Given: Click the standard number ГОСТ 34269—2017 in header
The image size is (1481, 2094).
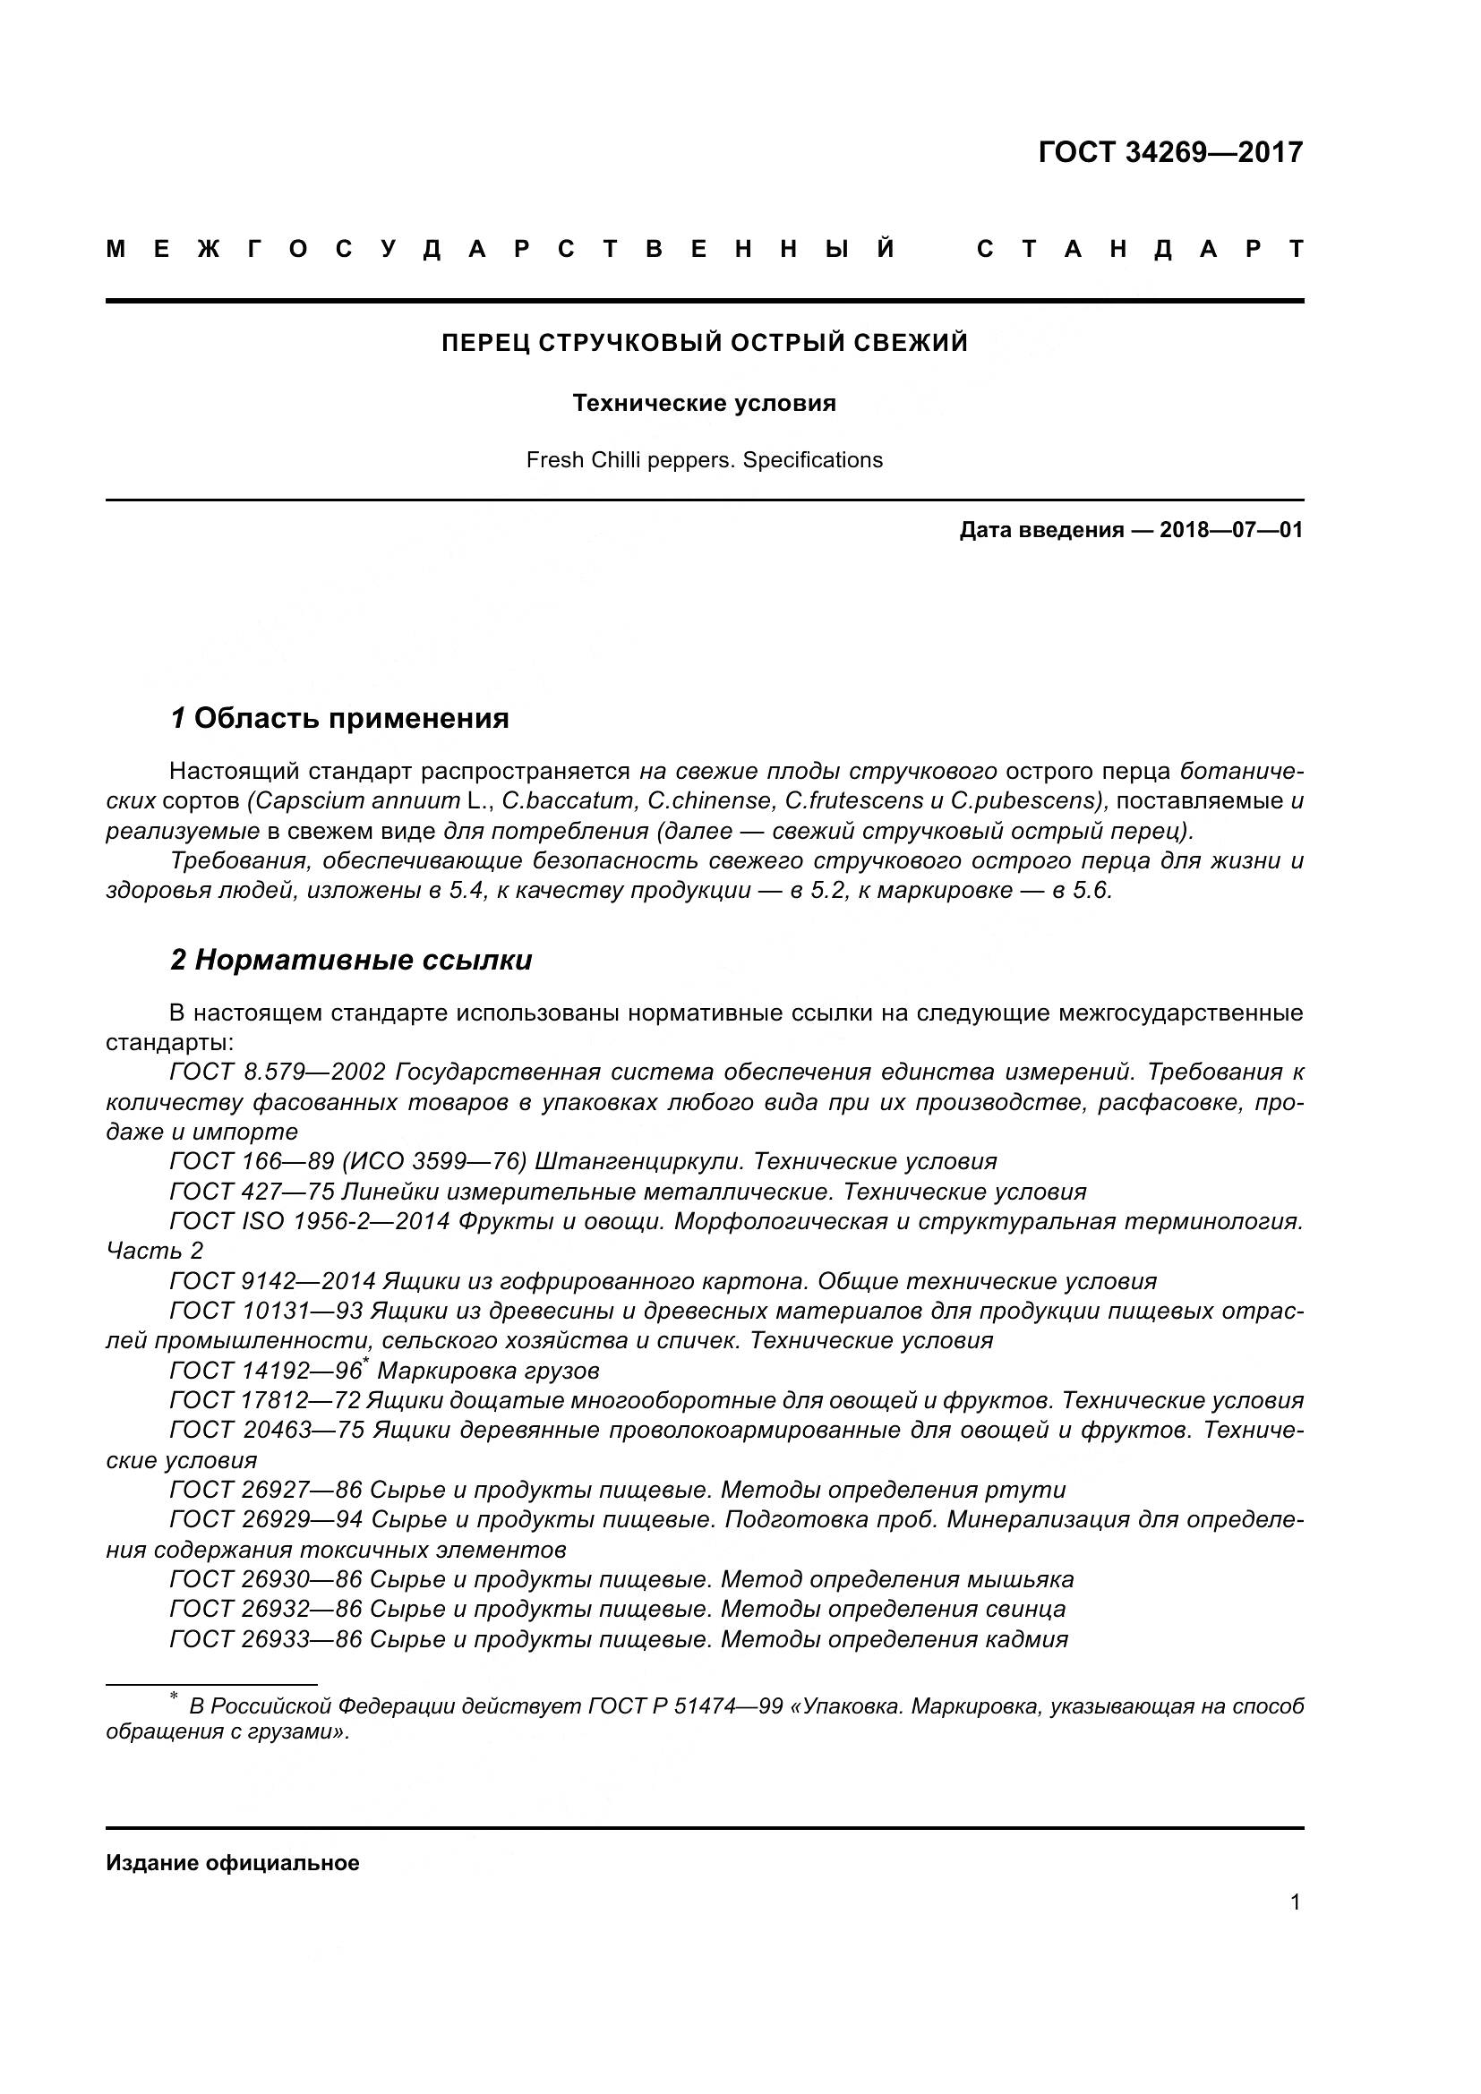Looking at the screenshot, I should click(x=1170, y=152).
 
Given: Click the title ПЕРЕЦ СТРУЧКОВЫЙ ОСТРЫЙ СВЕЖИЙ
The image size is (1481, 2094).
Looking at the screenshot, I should click(x=704, y=343).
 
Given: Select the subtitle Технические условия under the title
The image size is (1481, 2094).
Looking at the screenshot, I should click(x=704, y=403).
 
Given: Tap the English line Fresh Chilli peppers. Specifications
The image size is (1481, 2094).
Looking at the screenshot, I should click(x=704, y=460).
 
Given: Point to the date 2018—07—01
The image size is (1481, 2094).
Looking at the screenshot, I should click(x=1231, y=531).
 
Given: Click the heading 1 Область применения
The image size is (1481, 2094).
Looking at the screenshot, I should click(x=339, y=719).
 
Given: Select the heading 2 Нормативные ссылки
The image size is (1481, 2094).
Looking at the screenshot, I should click(x=351, y=961).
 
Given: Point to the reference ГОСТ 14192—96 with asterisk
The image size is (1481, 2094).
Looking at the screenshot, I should click(x=268, y=1371).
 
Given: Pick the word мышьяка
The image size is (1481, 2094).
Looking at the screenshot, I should click(x=1029, y=1579).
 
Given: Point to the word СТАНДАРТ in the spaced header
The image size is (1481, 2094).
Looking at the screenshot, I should click(x=1140, y=250).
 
